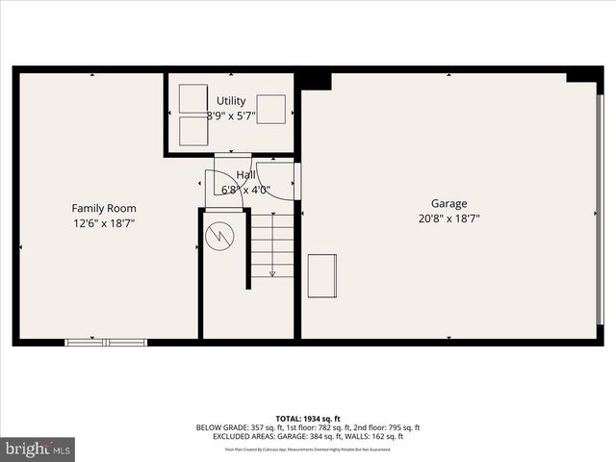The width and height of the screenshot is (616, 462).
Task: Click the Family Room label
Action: [x=104, y=208]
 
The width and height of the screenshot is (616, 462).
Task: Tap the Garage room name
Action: [x=449, y=203]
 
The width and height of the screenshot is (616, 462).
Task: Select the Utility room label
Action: [x=231, y=101]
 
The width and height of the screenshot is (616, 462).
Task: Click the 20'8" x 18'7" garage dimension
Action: [x=449, y=218]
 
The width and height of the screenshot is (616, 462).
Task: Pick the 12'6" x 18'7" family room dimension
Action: [x=104, y=223]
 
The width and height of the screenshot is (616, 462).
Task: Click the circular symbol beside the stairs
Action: [x=219, y=237]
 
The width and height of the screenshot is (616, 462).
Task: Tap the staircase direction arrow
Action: [x=272, y=260]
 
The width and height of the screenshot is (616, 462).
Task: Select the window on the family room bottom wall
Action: [x=106, y=342]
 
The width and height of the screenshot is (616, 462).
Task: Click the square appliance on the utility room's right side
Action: [x=270, y=110]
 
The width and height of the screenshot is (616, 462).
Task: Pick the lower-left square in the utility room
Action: [x=193, y=131]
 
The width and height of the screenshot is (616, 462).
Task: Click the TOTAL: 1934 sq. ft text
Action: [x=308, y=419]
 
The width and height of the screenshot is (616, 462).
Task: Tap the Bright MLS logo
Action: [x=38, y=449]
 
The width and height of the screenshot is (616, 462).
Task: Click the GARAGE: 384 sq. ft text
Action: [x=327, y=436]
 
